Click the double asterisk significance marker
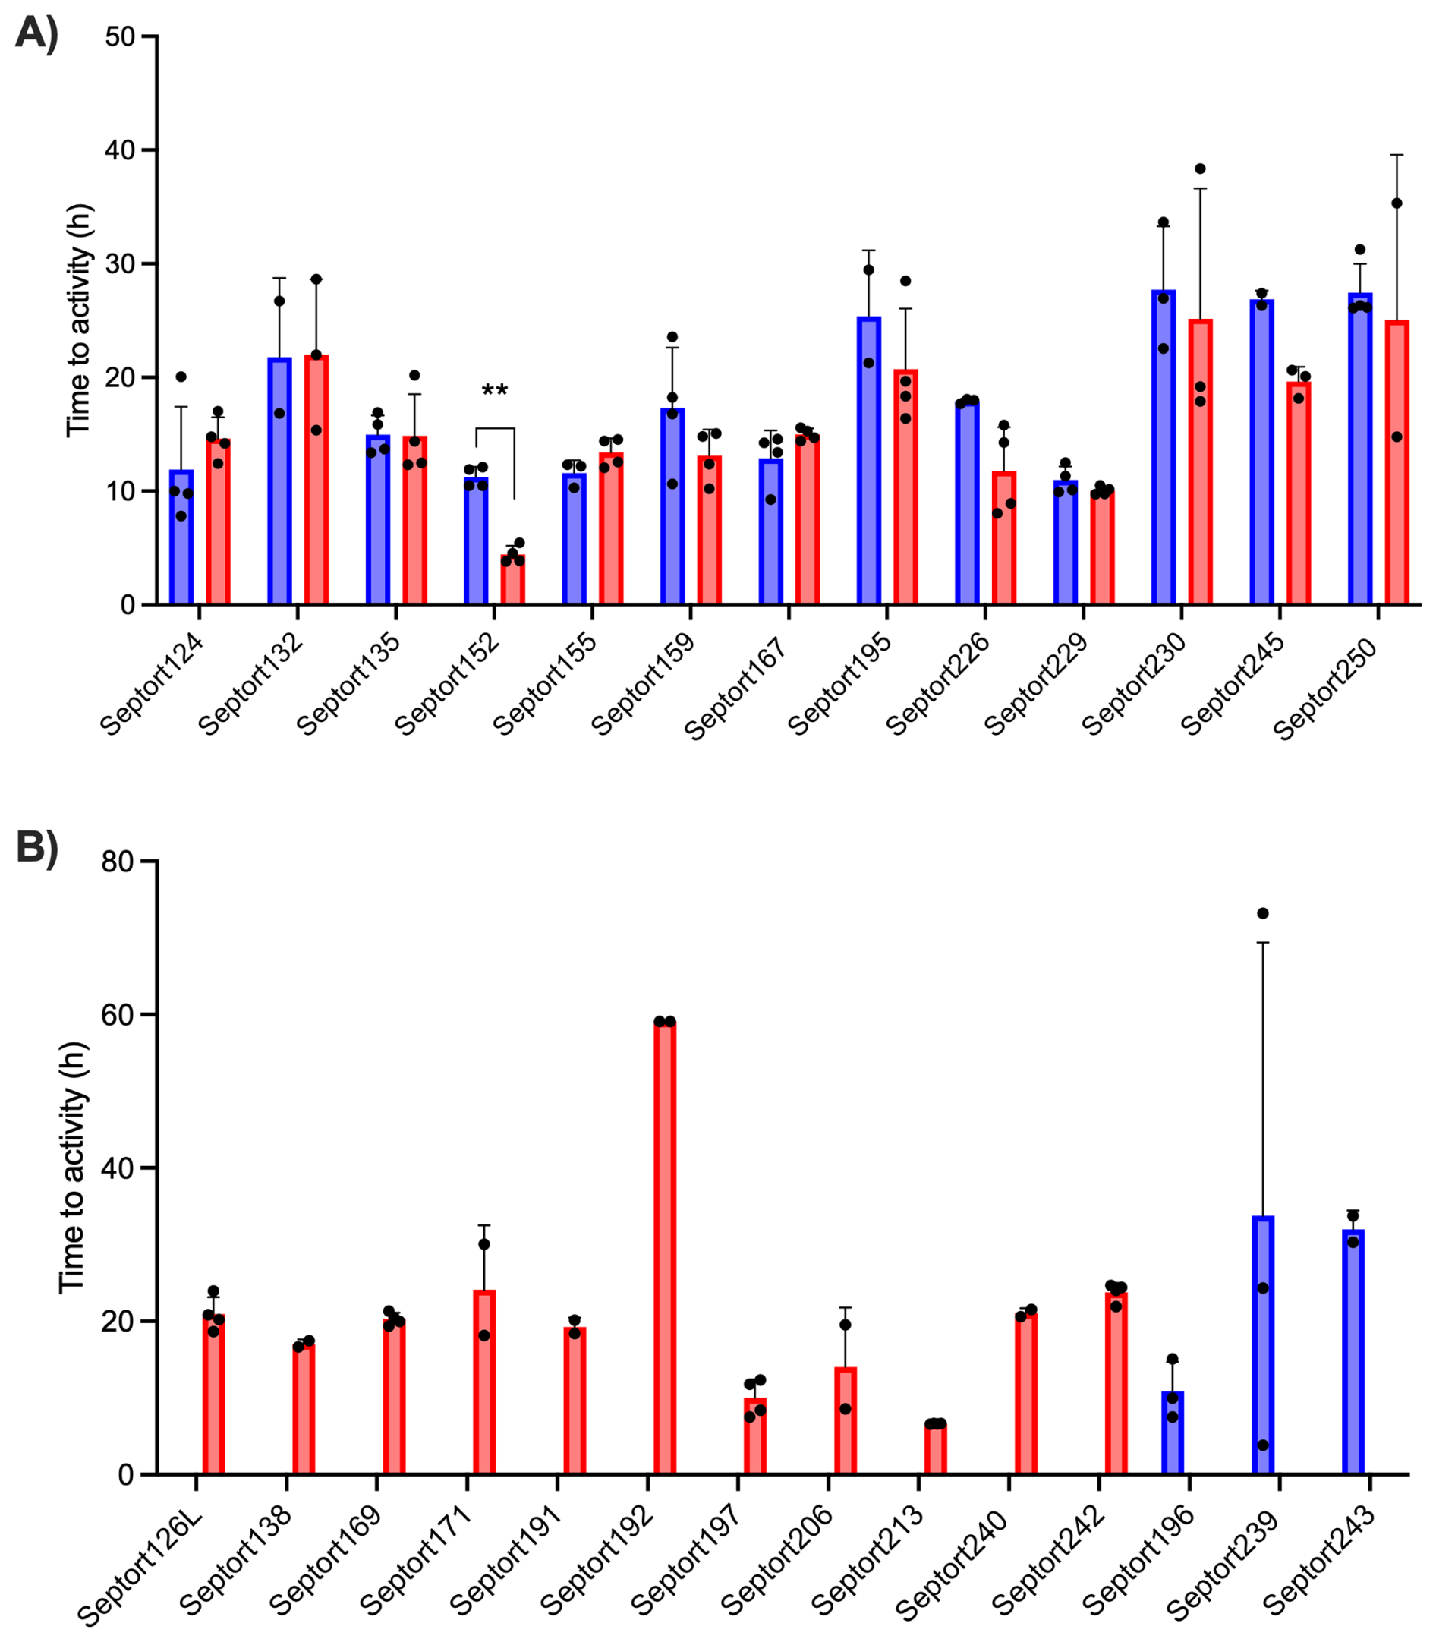pyautogui.click(x=494, y=392)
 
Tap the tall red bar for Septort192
pyautogui.click(x=665, y=1250)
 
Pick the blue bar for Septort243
pyautogui.click(x=1353, y=1354)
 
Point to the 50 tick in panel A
pyautogui.click(x=120, y=37)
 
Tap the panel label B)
pyautogui.click(x=37, y=848)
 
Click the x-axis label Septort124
pyautogui.click(x=153, y=686)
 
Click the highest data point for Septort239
pyautogui.click(x=1263, y=913)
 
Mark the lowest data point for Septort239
pyautogui.click(x=1263, y=1445)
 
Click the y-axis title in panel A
pyautogui.click(x=78, y=320)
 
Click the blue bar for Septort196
pyautogui.click(x=1173, y=1435)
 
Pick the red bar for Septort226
pyautogui.click(x=1004, y=538)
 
